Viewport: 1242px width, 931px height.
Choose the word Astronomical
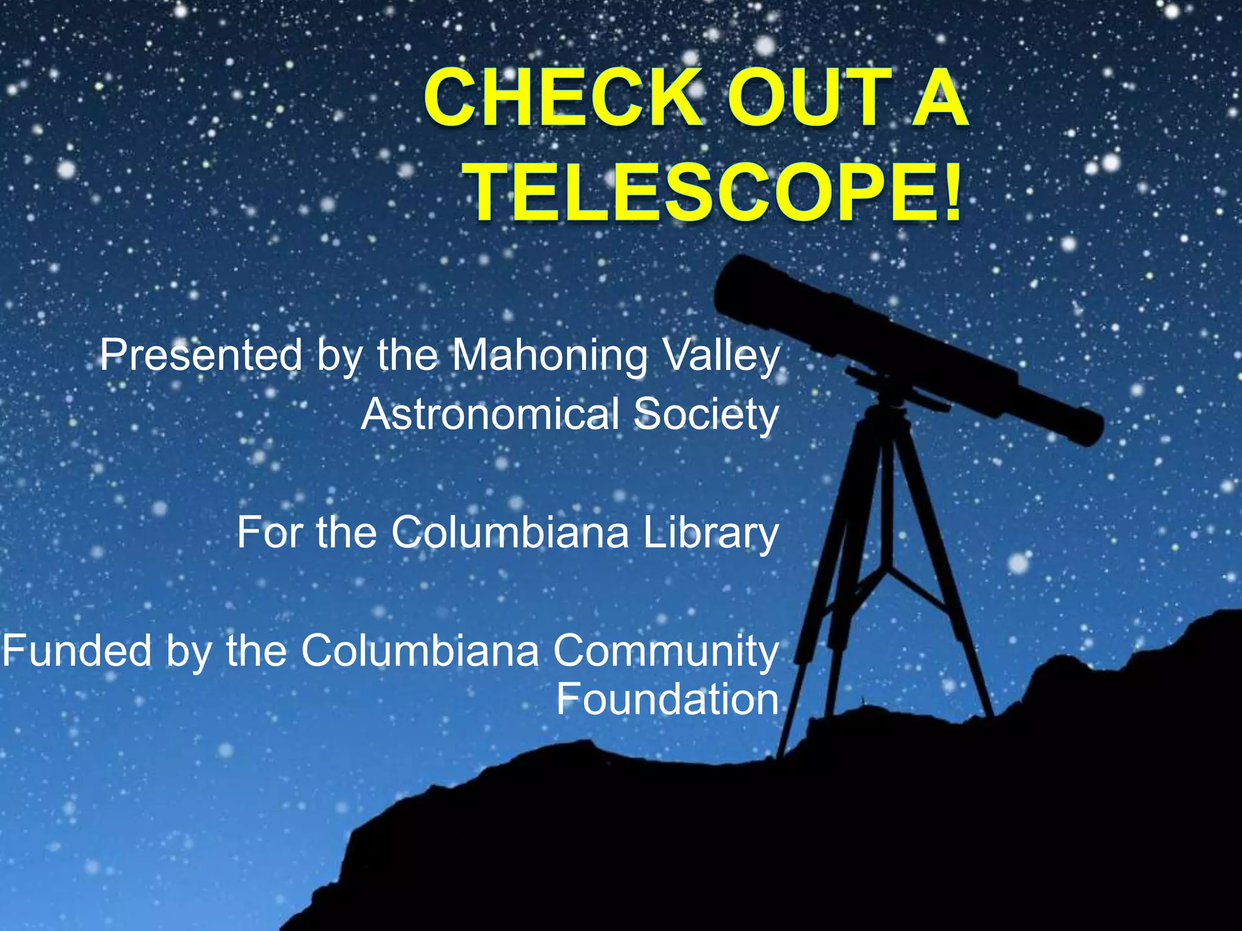[491, 415]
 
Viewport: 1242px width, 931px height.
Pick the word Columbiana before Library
[510, 532]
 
